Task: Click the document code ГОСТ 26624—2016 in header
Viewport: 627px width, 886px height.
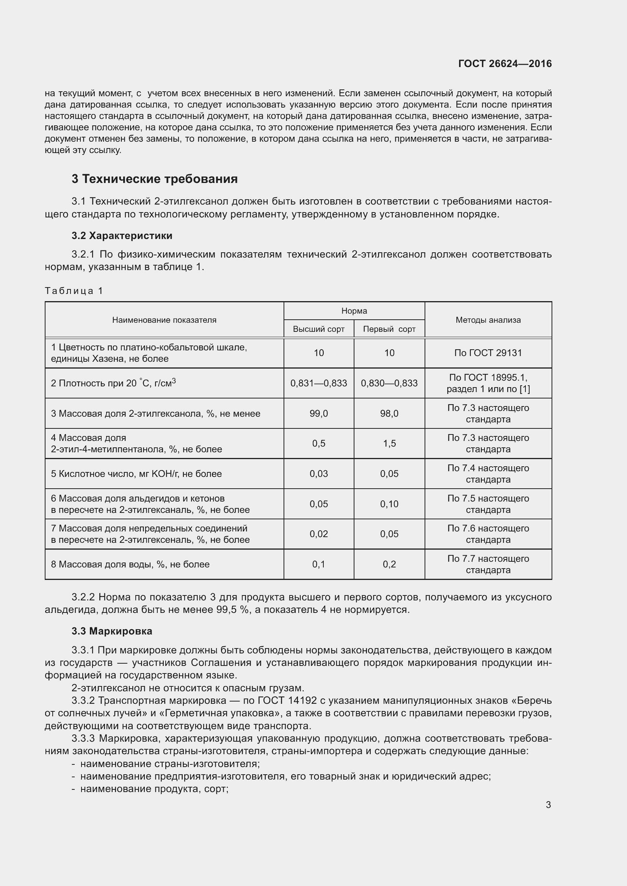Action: tap(505, 64)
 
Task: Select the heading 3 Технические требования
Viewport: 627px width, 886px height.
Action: tap(154, 179)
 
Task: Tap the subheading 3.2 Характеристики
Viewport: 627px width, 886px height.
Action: tap(122, 235)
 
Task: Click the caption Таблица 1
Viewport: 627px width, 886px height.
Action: tap(74, 291)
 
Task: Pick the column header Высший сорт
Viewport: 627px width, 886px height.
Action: tap(318, 329)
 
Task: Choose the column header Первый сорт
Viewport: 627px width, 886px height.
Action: tap(389, 329)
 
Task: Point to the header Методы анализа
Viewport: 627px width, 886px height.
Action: tap(488, 320)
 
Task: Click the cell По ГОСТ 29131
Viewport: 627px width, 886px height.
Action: tap(488, 353)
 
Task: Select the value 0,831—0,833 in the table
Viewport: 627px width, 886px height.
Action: tap(318, 383)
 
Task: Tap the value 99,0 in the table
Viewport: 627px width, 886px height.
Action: tap(318, 414)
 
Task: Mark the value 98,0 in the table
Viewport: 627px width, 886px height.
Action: tap(389, 414)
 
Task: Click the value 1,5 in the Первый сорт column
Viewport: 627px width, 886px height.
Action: tap(389, 444)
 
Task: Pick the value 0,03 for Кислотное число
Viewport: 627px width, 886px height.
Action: tap(318, 474)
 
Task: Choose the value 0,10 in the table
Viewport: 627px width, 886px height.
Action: tap(389, 504)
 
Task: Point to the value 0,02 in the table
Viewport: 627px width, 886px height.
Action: tap(318, 534)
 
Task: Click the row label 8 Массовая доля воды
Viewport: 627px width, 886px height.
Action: tap(130, 564)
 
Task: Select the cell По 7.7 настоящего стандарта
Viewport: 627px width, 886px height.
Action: tap(488, 564)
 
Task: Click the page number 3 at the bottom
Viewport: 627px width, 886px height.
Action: tap(548, 805)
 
